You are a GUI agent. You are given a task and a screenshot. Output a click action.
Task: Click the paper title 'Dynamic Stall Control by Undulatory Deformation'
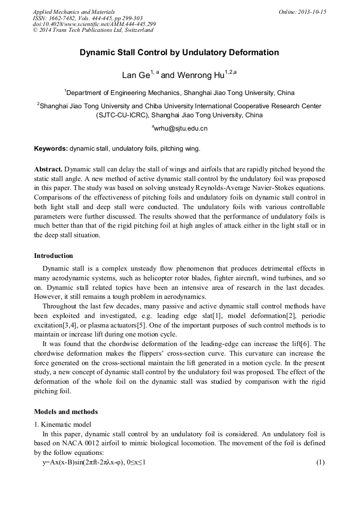(x=179, y=53)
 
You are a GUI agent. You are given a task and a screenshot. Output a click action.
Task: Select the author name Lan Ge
(x=136, y=75)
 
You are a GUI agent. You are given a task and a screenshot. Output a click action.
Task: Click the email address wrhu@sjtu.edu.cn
(x=181, y=128)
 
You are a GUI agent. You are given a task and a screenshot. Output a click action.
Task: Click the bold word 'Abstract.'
(x=49, y=169)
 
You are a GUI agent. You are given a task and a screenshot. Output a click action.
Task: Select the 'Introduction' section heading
(x=54, y=256)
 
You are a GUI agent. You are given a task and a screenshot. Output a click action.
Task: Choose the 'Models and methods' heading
(x=66, y=411)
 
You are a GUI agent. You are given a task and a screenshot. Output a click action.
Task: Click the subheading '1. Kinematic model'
(x=63, y=425)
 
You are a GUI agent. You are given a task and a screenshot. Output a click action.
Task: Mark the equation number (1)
(x=320, y=462)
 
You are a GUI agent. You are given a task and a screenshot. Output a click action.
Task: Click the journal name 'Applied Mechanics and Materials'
(x=74, y=12)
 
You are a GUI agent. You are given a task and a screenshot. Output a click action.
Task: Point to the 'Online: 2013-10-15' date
(x=302, y=12)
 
